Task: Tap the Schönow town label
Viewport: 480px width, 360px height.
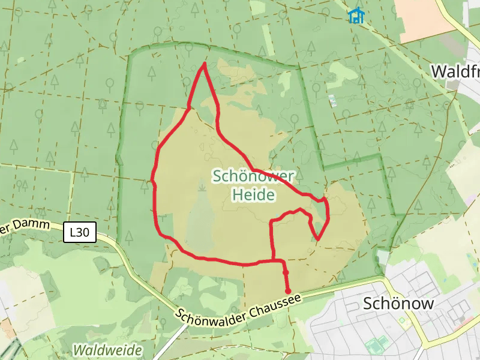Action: coord(398,304)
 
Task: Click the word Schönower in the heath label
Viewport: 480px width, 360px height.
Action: coord(253,176)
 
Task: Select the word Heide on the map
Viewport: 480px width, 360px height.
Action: coord(253,195)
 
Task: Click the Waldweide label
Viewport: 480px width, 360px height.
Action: coord(107,350)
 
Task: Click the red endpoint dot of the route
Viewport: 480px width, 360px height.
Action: coord(289,291)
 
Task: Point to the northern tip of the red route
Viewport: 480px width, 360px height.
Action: coord(205,64)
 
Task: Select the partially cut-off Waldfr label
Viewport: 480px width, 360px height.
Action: coord(455,71)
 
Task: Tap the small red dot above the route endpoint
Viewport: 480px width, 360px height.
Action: coord(286,273)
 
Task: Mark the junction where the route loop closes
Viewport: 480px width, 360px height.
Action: coord(274,261)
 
